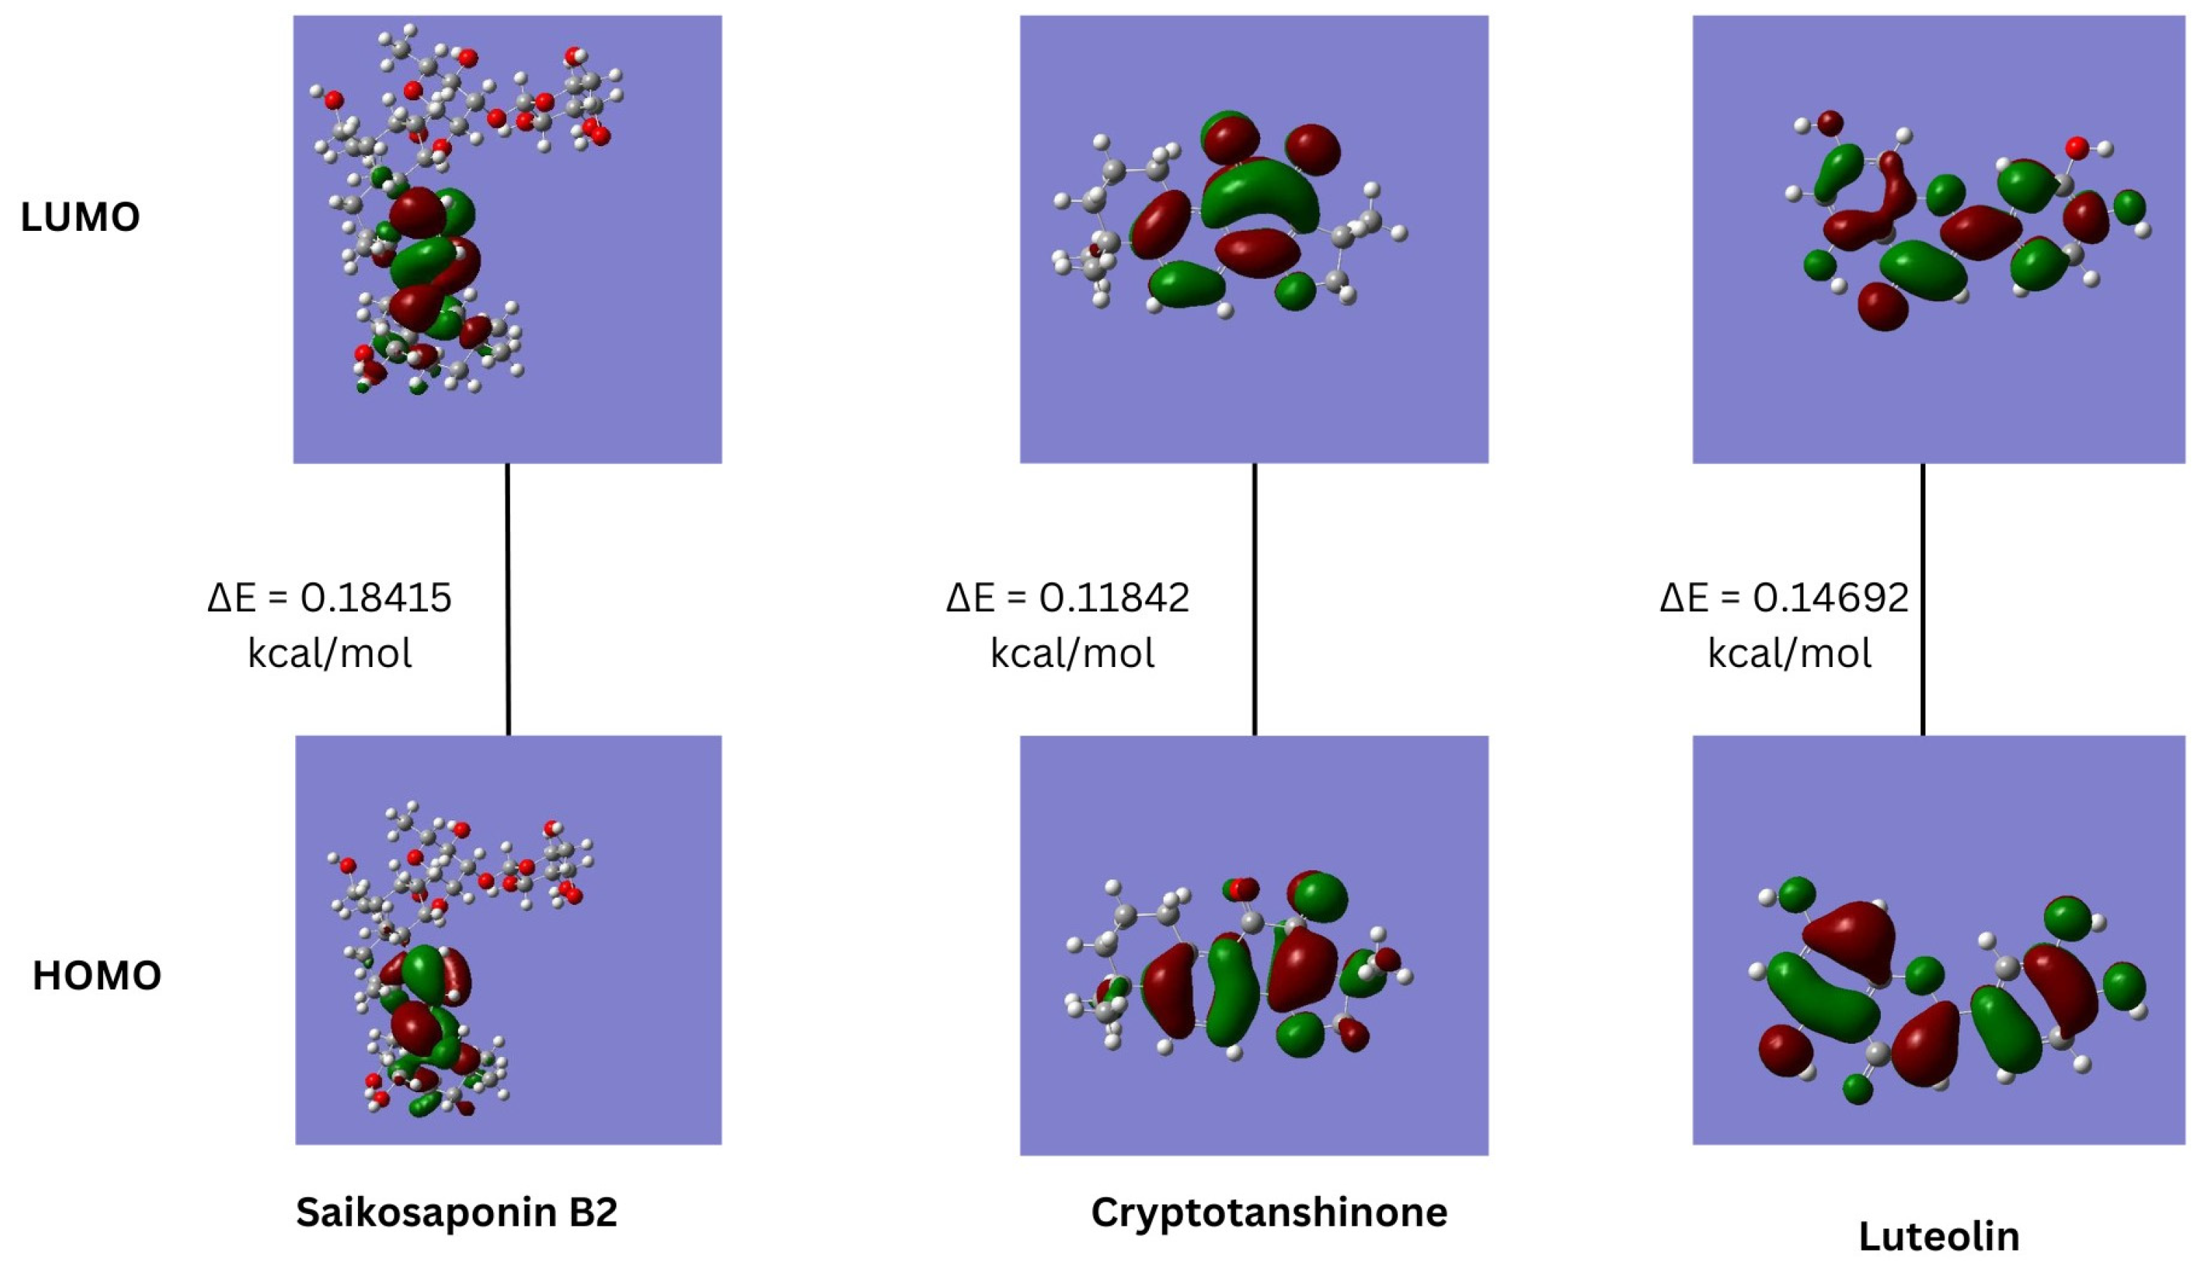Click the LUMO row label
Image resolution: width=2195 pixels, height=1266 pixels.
tap(80, 218)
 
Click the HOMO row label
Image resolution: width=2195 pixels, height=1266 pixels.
tap(96, 975)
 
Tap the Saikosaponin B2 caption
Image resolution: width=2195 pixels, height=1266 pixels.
tap(457, 1211)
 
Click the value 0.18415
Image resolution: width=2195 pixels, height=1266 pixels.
tap(376, 598)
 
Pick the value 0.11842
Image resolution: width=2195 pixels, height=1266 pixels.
tap(1115, 598)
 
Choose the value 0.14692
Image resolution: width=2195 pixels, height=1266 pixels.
tap(1830, 598)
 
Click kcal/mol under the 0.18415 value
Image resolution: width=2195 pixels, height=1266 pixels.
tap(329, 653)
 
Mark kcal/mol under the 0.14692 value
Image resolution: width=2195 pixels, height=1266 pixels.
tap(1789, 653)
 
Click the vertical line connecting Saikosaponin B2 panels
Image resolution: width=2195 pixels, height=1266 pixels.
tap(508, 600)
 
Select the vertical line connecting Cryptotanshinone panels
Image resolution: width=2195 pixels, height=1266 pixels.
tap(1253, 600)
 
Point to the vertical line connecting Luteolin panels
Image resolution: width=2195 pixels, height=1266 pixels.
tap(1922, 600)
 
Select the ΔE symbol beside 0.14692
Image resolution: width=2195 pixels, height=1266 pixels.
tap(1684, 598)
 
